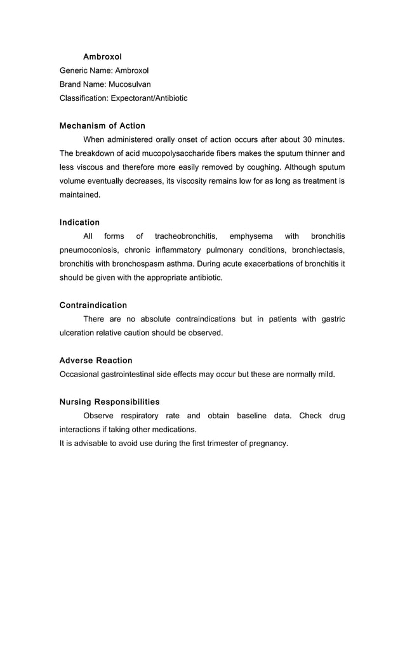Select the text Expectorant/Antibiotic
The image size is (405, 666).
[x=149, y=98]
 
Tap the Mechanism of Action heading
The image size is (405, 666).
[x=102, y=125]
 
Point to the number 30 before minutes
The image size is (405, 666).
[x=308, y=139]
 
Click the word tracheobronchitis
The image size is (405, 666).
[x=185, y=236]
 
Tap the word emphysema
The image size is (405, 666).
[x=251, y=236]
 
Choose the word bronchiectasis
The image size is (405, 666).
[x=318, y=250]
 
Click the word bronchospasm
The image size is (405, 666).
[x=136, y=264]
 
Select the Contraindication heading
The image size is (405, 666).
[x=93, y=305]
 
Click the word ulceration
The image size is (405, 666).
[x=77, y=333]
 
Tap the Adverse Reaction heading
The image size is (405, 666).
[x=96, y=361]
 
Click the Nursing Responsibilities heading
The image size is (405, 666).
[x=109, y=402]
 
